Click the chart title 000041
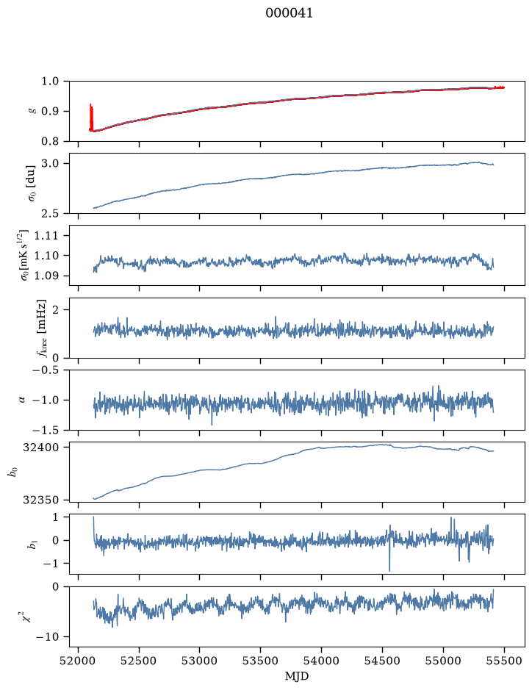pyautogui.click(x=289, y=13)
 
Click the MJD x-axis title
pyautogui.click(x=297, y=676)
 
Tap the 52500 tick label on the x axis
pyautogui.click(x=139, y=661)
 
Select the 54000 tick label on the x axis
pyautogui.click(x=321, y=661)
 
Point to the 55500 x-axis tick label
pyautogui.click(x=504, y=661)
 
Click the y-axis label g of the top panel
pyautogui.click(x=32, y=112)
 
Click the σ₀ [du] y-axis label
pyautogui.click(x=32, y=184)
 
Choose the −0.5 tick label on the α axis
pyautogui.click(x=46, y=370)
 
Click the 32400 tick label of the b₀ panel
pyautogui.click(x=40, y=448)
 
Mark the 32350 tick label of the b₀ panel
pyautogui.click(x=40, y=500)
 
